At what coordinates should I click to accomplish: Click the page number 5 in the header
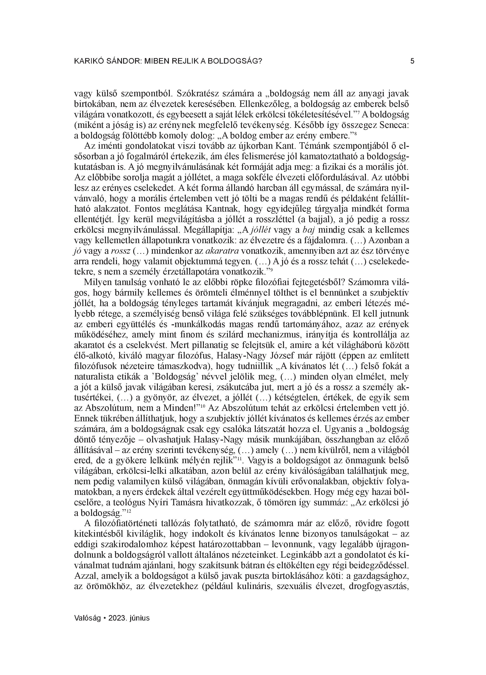tap(412, 61)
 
